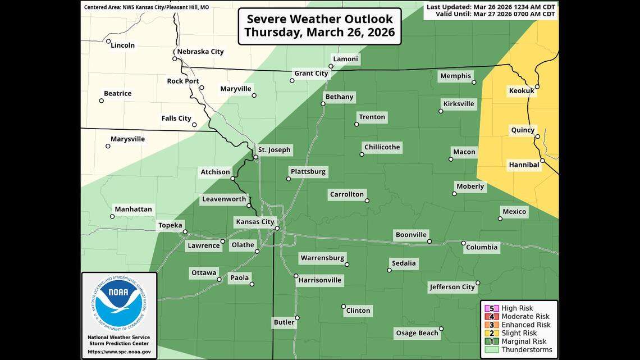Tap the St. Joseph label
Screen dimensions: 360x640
(275, 149)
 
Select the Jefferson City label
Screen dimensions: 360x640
(452, 287)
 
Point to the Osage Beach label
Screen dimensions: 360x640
(417, 333)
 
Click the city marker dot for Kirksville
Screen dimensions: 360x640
(441, 111)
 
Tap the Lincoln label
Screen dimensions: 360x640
(123, 45)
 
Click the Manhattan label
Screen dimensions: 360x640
(133, 209)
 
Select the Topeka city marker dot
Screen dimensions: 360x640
(185, 231)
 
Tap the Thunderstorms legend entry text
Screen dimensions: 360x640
(525, 349)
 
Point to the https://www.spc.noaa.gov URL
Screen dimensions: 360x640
(119, 352)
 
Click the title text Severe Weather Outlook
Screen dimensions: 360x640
(319, 18)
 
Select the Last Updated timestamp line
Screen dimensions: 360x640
(491, 7)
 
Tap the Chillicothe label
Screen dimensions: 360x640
(382, 147)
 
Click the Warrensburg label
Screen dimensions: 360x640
(322, 258)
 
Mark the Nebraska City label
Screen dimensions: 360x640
(200, 52)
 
